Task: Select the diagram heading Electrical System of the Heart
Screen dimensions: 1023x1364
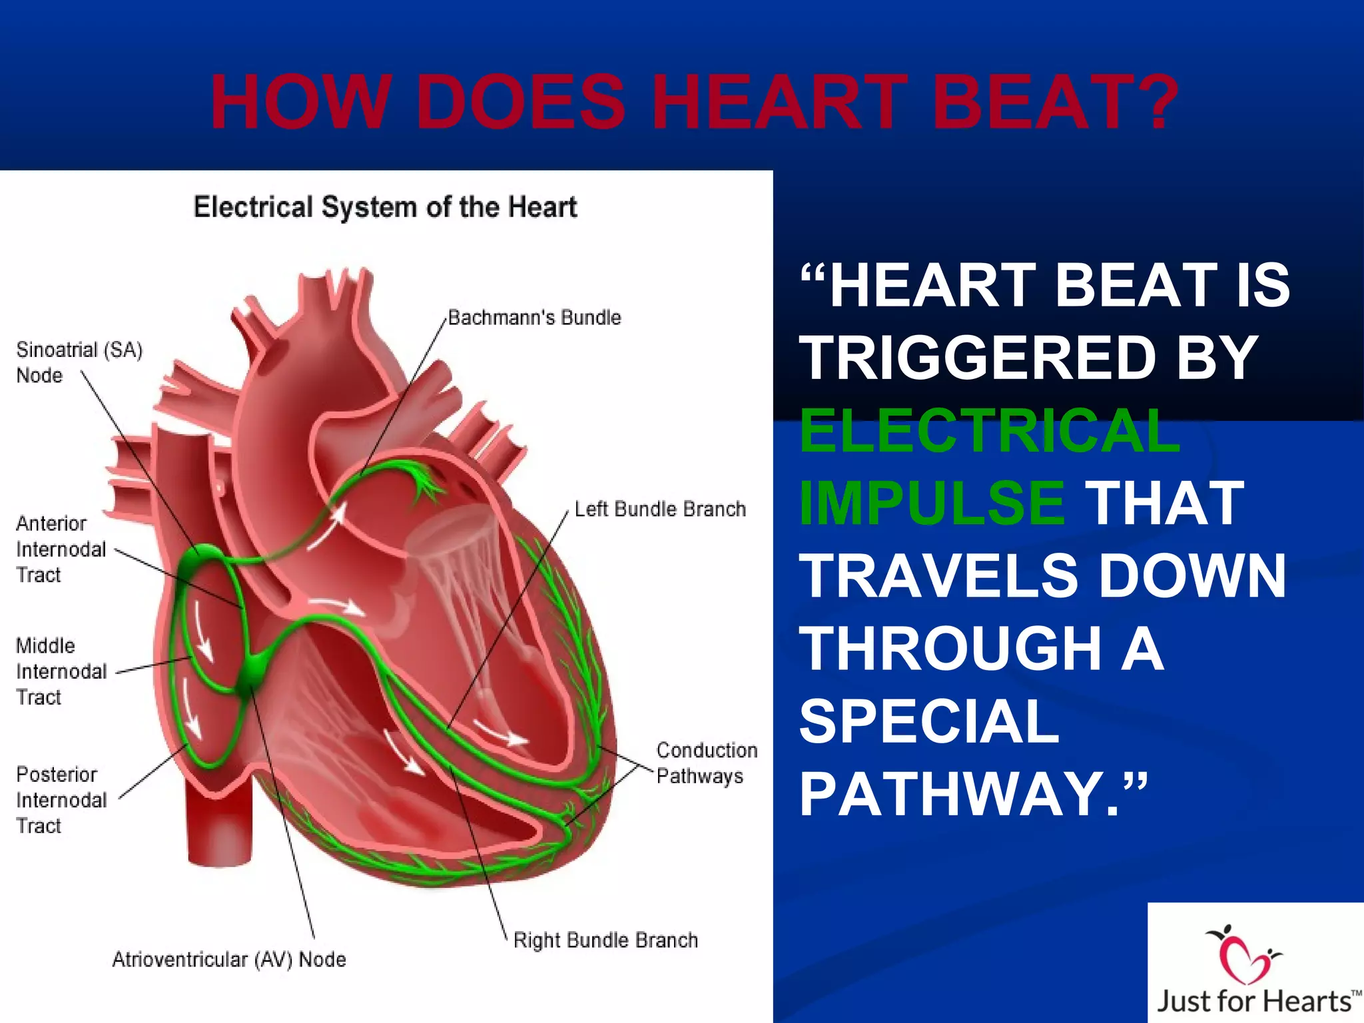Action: (385, 207)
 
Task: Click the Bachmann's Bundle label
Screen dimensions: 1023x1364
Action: (534, 318)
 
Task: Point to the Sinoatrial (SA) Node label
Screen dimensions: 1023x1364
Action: (79, 362)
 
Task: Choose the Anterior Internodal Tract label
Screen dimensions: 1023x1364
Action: (61, 549)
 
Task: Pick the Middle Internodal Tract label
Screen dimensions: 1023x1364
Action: (61, 671)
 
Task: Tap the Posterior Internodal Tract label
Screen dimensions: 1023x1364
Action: (61, 800)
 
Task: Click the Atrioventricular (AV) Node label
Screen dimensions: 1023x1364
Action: (228, 960)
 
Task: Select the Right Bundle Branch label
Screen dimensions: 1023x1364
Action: (605, 940)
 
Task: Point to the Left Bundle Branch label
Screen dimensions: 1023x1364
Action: (660, 510)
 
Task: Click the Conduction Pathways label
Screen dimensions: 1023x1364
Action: (706, 763)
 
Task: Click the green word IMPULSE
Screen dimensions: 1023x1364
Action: (932, 503)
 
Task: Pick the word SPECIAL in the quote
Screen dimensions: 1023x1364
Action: (929, 721)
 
